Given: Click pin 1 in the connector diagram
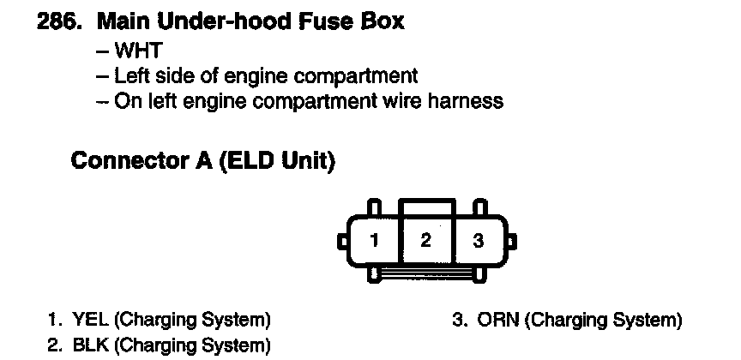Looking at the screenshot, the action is tap(373, 241).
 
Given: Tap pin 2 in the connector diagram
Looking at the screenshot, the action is tap(425, 240).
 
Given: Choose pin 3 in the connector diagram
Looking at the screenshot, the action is tap(479, 241).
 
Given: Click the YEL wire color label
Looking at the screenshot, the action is tap(90, 321).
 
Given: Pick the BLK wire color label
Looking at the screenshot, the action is tap(90, 345).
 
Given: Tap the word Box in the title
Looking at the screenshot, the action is tap(383, 21).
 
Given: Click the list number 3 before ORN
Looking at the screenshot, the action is tap(459, 321).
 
